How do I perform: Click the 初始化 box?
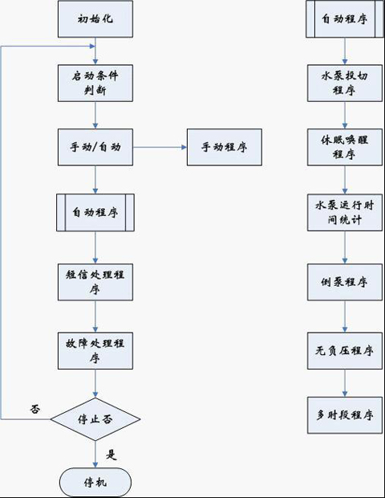click(x=95, y=18)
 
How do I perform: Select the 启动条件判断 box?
click(x=95, y=84)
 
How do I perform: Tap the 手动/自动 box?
click(x=95, y=147)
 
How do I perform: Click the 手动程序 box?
click(x=225, y=147)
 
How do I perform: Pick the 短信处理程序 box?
click(x=95, y=282)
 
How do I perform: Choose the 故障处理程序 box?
click(x=95, y=351)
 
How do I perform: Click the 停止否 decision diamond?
click(x=95, y=419)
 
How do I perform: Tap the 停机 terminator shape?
click(x=95, y=483)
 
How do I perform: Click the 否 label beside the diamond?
click(x=35, y=409)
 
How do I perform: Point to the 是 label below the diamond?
click(x=111, y=455)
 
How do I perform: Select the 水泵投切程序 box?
click(x=345, y=84)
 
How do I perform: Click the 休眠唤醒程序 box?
click(x=345, y=147)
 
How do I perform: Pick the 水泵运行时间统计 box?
click(x=345, y=213)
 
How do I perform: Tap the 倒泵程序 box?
click(x=345, y=282)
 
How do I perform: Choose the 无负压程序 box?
click(x=345, y=351)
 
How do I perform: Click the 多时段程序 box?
click(x=345, y=415)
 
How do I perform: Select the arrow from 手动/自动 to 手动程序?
click(x=160, y=147)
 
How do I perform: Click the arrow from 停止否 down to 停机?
click(x=95, y=454)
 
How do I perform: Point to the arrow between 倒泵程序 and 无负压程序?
click(x=345, y=316)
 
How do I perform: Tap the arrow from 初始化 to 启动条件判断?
click(x=95, y=51)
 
